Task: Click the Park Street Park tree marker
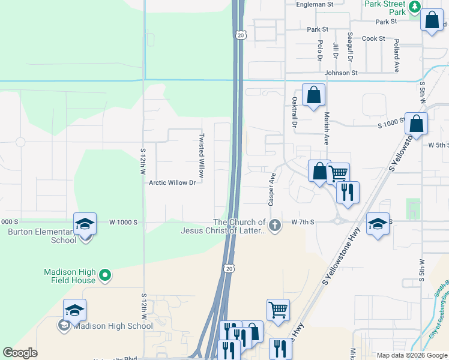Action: click(414, 7)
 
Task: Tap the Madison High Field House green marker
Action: click(105, 275)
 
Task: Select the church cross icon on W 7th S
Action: click(275, 226)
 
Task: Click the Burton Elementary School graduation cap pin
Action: click(85, 224)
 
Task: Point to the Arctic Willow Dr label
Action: click(172, 182)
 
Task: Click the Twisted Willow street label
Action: click(202, 154)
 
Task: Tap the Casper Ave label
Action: click(272, 190)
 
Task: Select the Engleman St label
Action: click(315, 4)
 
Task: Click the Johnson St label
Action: click(341, 73)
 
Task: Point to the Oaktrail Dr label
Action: click(295, 113)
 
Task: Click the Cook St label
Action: click(373, 38)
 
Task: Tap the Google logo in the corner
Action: click(20, 353)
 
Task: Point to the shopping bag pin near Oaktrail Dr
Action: click(313, 95)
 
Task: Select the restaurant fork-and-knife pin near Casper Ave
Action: click(348, 193)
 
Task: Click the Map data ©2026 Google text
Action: click(412, 355)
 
